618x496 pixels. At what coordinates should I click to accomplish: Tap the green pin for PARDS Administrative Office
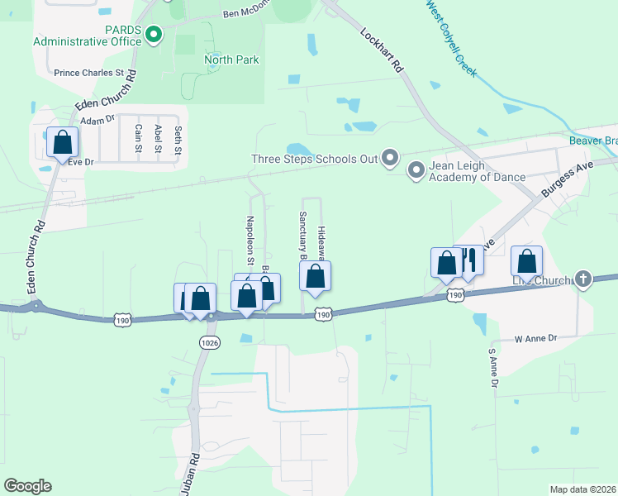point(153,34)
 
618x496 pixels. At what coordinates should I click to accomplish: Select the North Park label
point(231,60)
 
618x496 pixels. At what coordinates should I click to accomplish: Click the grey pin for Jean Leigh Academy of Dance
point(416,169)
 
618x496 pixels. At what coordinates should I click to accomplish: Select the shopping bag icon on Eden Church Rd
point(62,142)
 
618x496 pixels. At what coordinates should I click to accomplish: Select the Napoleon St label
point(250,236)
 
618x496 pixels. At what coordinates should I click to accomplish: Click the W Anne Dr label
point(537,338)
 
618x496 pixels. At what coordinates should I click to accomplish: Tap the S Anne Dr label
point(493,368)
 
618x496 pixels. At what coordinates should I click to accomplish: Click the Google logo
point(27,486)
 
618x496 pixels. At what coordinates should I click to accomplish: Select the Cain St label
point(138,138)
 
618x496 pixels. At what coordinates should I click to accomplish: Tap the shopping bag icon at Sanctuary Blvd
point(315,277)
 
